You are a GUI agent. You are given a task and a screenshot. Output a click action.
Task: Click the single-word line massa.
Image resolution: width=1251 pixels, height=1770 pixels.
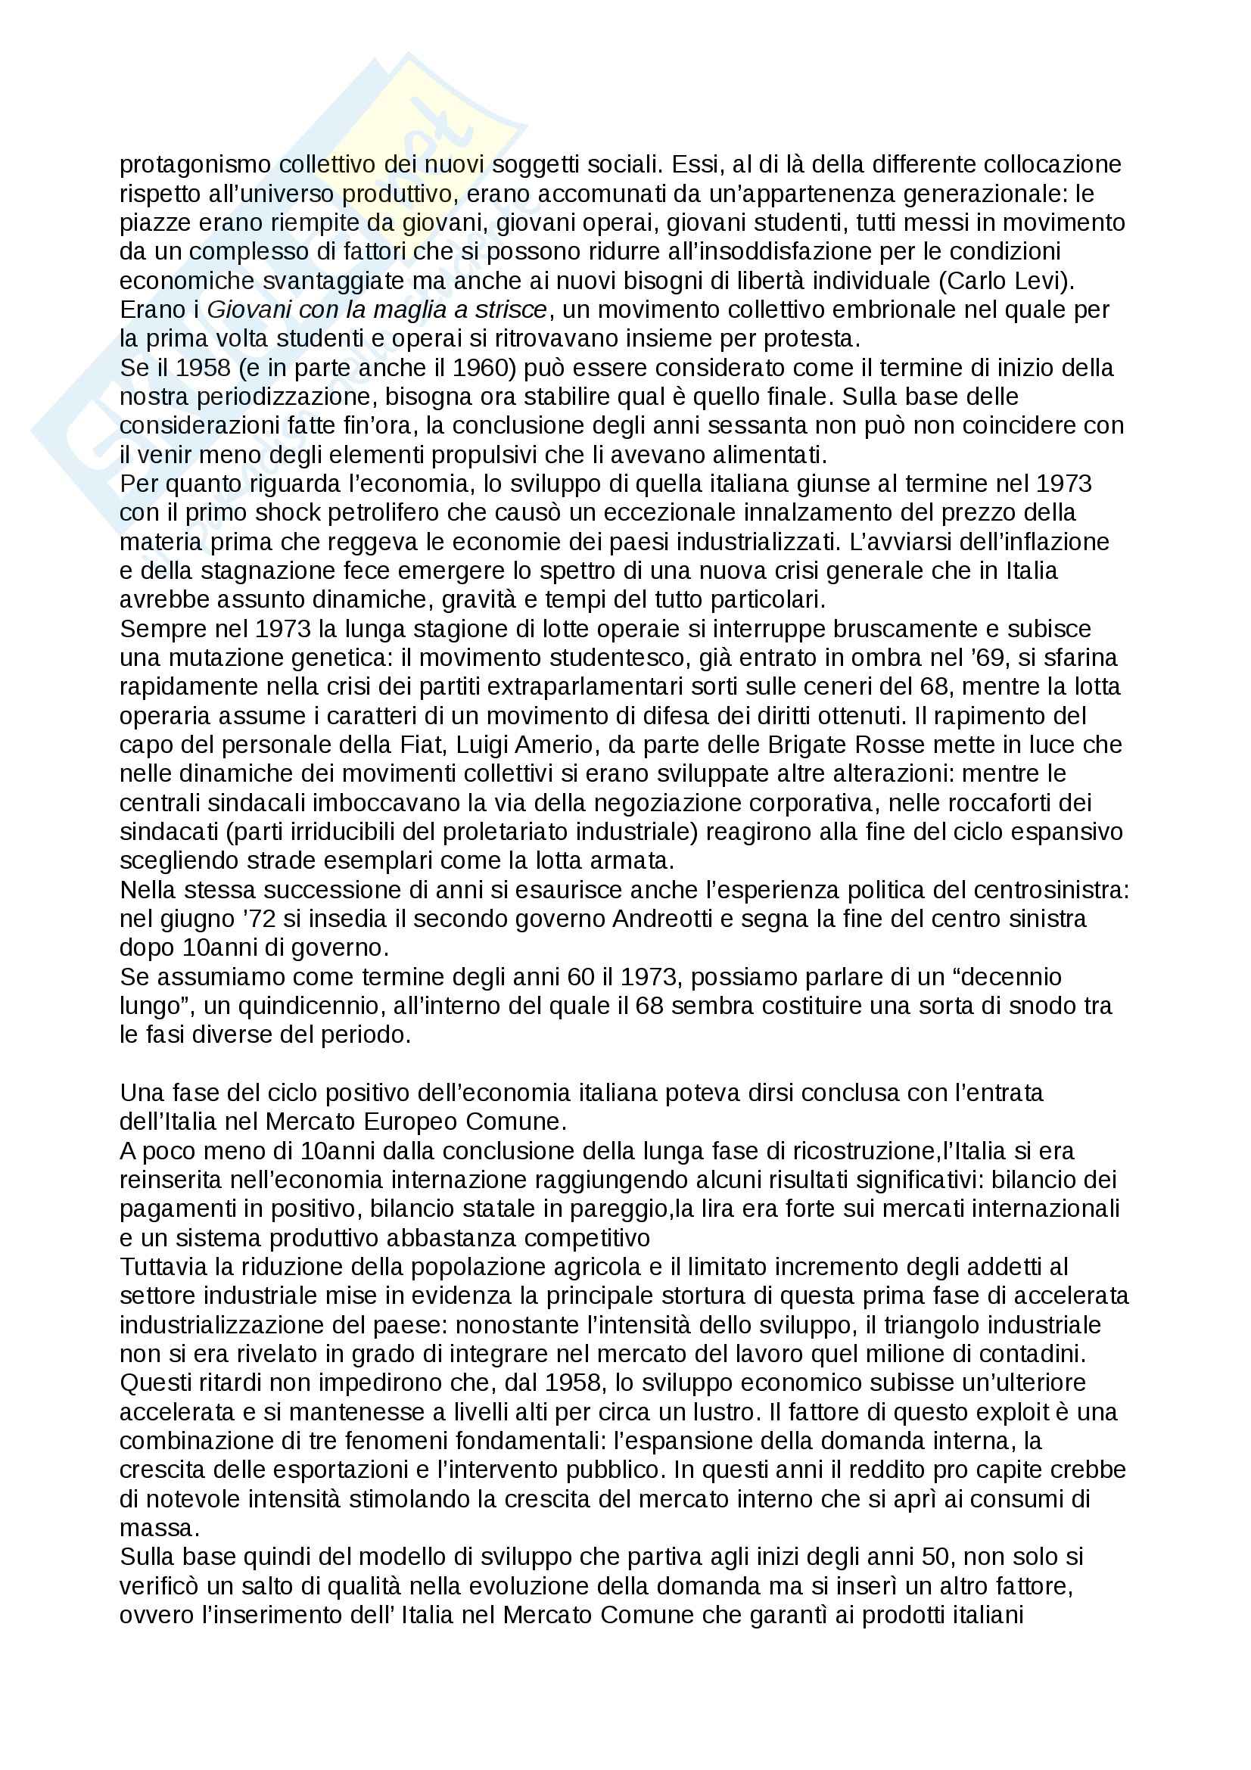coord(157,1528)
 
